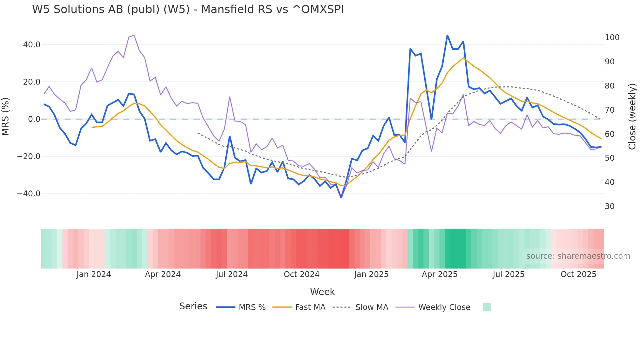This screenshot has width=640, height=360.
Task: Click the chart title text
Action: click(188, 9)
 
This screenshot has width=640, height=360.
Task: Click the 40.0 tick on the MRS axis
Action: click(32, 45)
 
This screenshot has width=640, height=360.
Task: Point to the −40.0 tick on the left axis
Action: click(29, 194)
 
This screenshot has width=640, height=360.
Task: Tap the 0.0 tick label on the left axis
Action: click(34, 119)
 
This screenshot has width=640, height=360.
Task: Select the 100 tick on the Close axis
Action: click(612, 38)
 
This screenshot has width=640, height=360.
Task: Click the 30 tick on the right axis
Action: click(610, 206)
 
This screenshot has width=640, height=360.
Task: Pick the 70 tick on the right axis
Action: click(610, 110)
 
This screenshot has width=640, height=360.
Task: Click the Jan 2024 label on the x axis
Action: click(94, 274)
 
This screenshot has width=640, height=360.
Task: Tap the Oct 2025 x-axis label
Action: click(578, 274)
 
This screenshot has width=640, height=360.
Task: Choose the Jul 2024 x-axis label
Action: click(232, 274)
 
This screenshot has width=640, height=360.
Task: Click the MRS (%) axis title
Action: click(6, 117)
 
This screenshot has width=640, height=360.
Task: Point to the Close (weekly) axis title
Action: click(632, 117)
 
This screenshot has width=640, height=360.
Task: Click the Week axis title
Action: click(322, 292)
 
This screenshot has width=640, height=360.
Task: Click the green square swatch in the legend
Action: click(487, 307)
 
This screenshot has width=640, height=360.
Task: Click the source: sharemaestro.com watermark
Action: click(578, 256)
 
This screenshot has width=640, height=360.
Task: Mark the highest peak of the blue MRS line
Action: click(447, 35)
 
